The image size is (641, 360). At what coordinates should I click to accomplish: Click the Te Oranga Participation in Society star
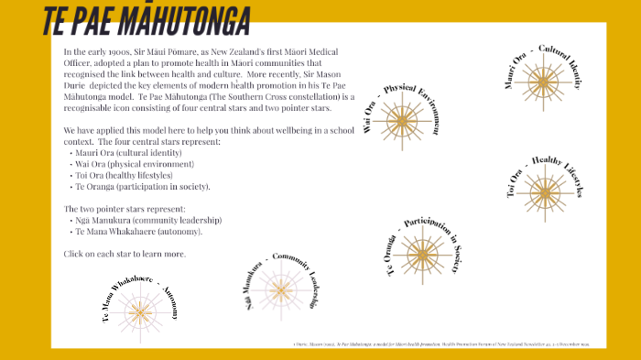coord(422,253)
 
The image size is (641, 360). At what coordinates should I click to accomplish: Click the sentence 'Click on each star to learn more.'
coord(125,253)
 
